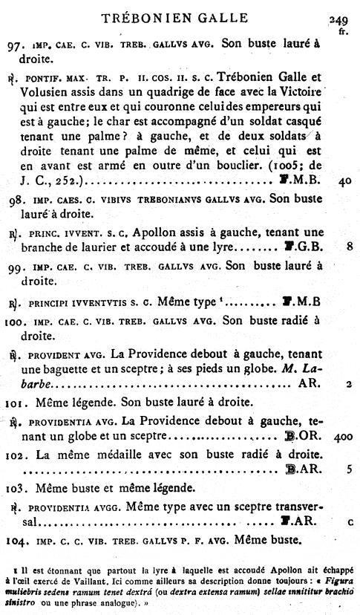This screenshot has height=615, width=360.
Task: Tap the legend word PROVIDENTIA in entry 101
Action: click(64, 421)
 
